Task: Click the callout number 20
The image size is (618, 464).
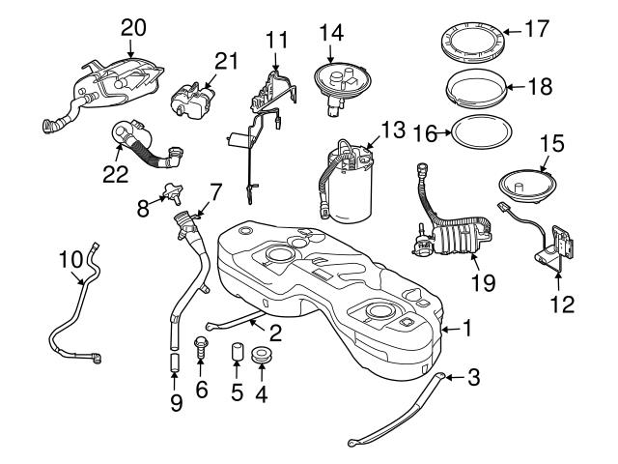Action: [130, 26]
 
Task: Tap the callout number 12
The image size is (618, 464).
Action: [561, 305]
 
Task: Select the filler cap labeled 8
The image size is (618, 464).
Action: [173, 191]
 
